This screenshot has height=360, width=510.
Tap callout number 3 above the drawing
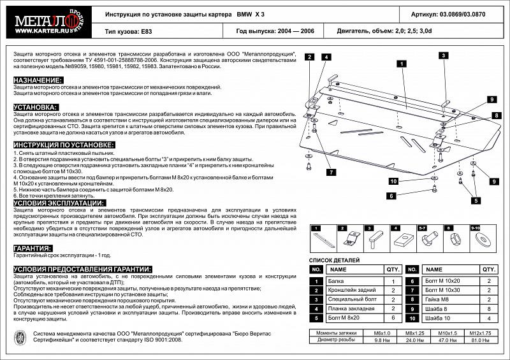pos(441,56)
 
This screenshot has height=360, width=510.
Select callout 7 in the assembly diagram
pos(331,172)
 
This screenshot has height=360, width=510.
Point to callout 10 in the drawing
pos(393,182)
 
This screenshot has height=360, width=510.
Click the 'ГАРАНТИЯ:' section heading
pos(33,247)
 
